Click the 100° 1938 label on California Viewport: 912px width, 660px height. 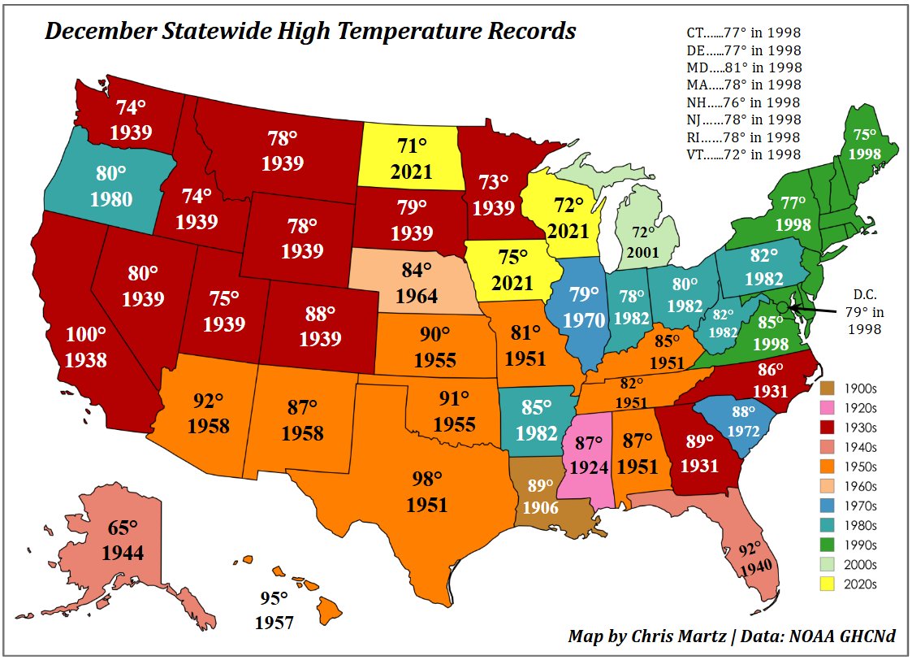click(85, 347)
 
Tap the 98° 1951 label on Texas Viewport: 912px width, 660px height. click(427, 492)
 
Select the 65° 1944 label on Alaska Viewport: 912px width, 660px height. click(123, 540)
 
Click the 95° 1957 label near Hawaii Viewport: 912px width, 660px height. click(274, 610)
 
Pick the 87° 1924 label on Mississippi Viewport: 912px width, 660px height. click(589, 455)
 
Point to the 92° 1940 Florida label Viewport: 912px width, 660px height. click(752, 559)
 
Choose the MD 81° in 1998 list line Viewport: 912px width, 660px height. click(743, 67)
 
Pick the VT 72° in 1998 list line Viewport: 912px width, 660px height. click(743, 154)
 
